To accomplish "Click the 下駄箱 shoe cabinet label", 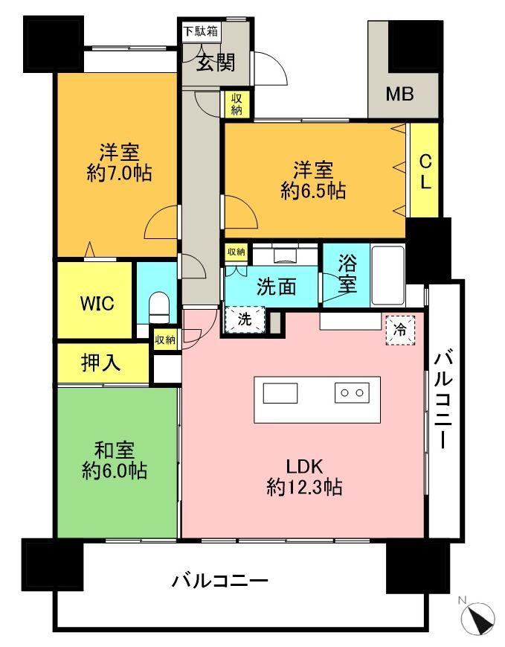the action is point(201,31).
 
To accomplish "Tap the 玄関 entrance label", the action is point(215,63).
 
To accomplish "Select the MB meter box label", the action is point(399,95).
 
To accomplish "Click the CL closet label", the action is point(425,172).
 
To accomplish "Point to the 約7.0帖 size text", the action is point(119,173).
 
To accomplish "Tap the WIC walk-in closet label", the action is point(97,304).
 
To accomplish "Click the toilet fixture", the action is point(158,307).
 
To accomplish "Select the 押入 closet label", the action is point(101,363).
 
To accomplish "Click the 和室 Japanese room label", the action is point(115,450).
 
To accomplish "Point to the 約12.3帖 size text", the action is point(304,488).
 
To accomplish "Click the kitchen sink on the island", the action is point(280,393).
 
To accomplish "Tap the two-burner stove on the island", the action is point(352,393).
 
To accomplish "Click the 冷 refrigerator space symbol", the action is point(400,330).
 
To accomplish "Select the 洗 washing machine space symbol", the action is point(245,319).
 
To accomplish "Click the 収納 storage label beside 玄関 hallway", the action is point(237,104).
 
